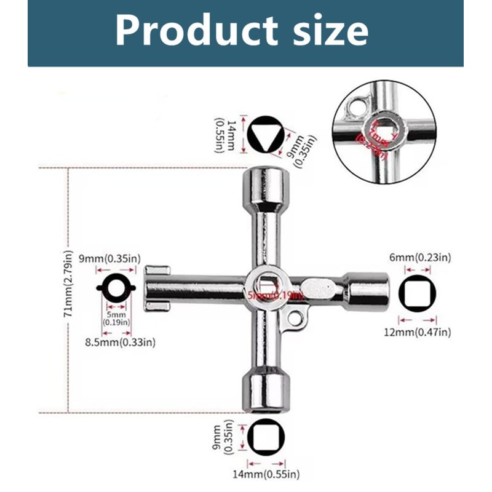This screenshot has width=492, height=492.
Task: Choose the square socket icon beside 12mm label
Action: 418,293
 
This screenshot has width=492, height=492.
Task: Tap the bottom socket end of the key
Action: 266,391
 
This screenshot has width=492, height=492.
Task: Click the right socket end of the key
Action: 368,291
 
